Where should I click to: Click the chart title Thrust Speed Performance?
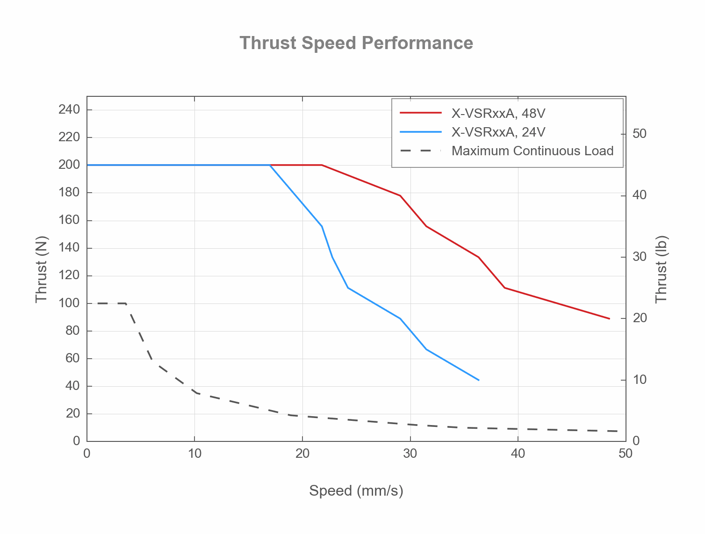pos(356,43)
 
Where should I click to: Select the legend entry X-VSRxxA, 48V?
pos(498,114)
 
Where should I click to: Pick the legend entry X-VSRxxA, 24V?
pos(498,132)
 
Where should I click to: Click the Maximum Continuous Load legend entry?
pos(532,151)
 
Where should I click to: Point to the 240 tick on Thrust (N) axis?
pos(70,110)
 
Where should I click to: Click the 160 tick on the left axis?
pos(70,220)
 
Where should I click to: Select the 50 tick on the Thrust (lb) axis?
pos(639,134)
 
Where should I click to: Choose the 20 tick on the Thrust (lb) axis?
pos(639,318)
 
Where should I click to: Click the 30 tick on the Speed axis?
pos(410,454)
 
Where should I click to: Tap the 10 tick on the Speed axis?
pos(194,454)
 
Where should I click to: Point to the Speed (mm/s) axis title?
pos(356,491)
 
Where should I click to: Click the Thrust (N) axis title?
pos(42,269)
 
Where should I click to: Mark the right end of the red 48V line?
pos(610,319)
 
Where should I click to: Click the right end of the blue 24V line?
pos(479,380)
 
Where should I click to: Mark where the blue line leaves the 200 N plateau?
pos(270,165)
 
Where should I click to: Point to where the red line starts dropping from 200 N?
pos(322,165)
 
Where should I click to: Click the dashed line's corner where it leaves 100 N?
pos(126,303)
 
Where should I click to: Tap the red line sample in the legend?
pos(421,113)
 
